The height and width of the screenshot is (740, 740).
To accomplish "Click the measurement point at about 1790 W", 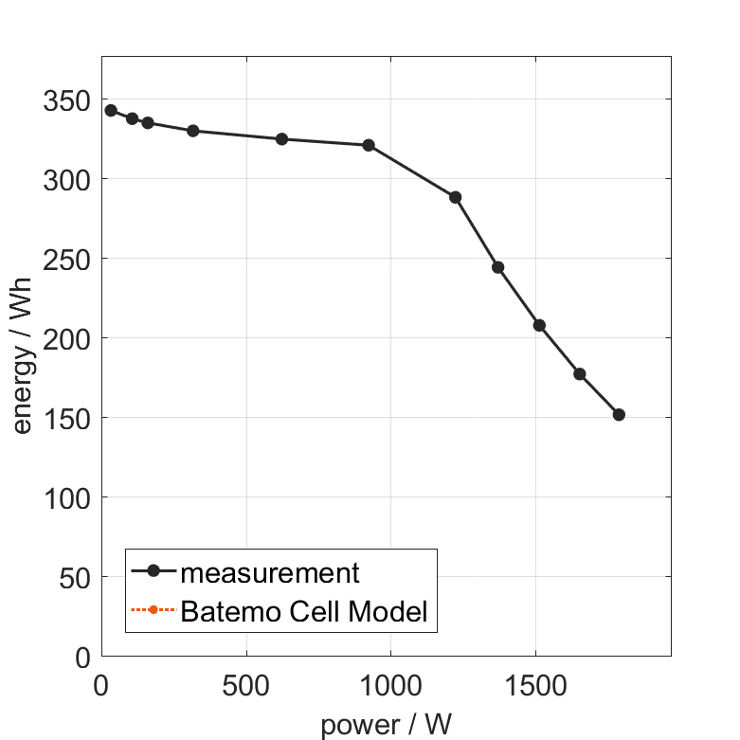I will [619, 414].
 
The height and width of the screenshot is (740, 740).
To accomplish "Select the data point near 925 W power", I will [369, 145].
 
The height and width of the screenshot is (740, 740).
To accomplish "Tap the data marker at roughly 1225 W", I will [455, 197].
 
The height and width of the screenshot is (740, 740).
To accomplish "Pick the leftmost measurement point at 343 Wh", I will [111, 111].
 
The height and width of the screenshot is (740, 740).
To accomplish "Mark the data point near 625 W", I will [281, 139].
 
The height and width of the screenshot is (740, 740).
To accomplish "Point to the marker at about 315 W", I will [192, 131].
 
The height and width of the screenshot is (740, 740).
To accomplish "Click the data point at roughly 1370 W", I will [497, 267].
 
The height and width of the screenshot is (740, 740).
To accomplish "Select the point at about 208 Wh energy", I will [539, 325].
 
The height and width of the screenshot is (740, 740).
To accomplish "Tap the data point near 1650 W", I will [579, 374].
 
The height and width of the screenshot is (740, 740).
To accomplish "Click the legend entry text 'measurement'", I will [270, 572].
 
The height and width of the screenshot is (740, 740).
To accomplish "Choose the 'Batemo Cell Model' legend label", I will [303, 611].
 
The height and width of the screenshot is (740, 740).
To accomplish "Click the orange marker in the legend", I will [153, 609].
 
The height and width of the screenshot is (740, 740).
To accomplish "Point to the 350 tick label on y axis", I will [66, 100].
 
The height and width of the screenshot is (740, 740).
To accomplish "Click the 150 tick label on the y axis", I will [66, 418].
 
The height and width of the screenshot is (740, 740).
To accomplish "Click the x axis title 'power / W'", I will [386, 725].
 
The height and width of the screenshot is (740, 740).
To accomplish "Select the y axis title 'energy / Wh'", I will [24, 354].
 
